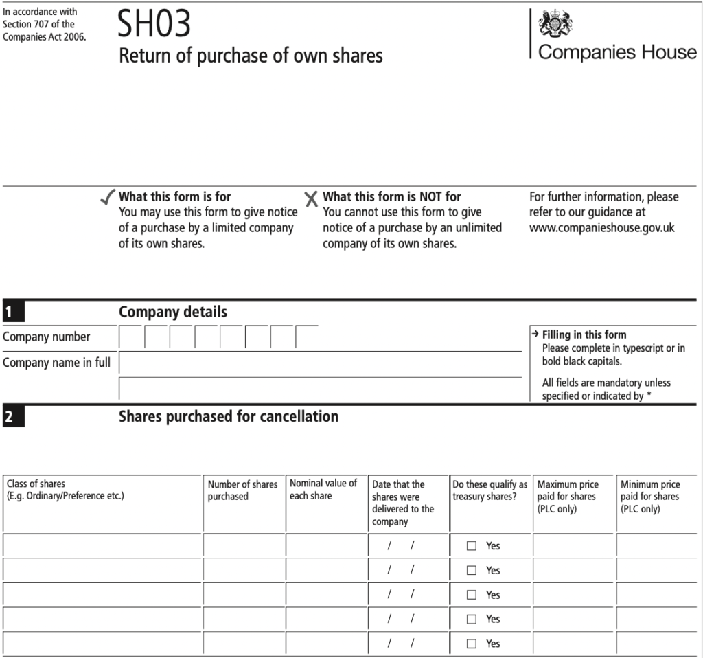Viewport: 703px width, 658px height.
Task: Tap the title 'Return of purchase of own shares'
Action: pos(251,56)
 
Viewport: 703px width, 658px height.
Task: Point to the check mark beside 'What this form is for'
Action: pos(107,198)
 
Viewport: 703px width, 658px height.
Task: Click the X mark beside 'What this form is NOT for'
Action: pos(311,199)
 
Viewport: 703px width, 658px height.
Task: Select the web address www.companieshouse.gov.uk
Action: pos(601,227)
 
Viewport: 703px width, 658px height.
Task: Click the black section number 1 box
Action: pos(13,313)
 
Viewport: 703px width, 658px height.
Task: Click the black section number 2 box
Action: pos(13,417)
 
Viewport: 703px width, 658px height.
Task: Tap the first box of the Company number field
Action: pos(131,337)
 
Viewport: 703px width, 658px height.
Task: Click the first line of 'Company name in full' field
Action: pos(320,362)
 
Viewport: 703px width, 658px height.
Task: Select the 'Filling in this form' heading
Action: pos(584,335)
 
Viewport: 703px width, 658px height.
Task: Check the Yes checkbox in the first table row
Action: pos(472,546)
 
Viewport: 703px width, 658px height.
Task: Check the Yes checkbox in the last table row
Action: pos(472,644)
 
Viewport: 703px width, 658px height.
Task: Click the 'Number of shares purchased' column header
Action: pos(242,490)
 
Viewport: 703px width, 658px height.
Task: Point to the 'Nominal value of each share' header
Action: pos(323,489)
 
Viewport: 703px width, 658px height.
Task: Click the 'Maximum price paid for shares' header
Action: pos(568,496)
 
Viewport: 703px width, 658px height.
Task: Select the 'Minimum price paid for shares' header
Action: pos(650,496)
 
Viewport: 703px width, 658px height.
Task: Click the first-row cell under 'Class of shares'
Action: pos(103,545)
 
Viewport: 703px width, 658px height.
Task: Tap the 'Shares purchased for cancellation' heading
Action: pos(229,416)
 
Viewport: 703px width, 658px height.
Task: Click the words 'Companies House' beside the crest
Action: pos(617,52)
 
